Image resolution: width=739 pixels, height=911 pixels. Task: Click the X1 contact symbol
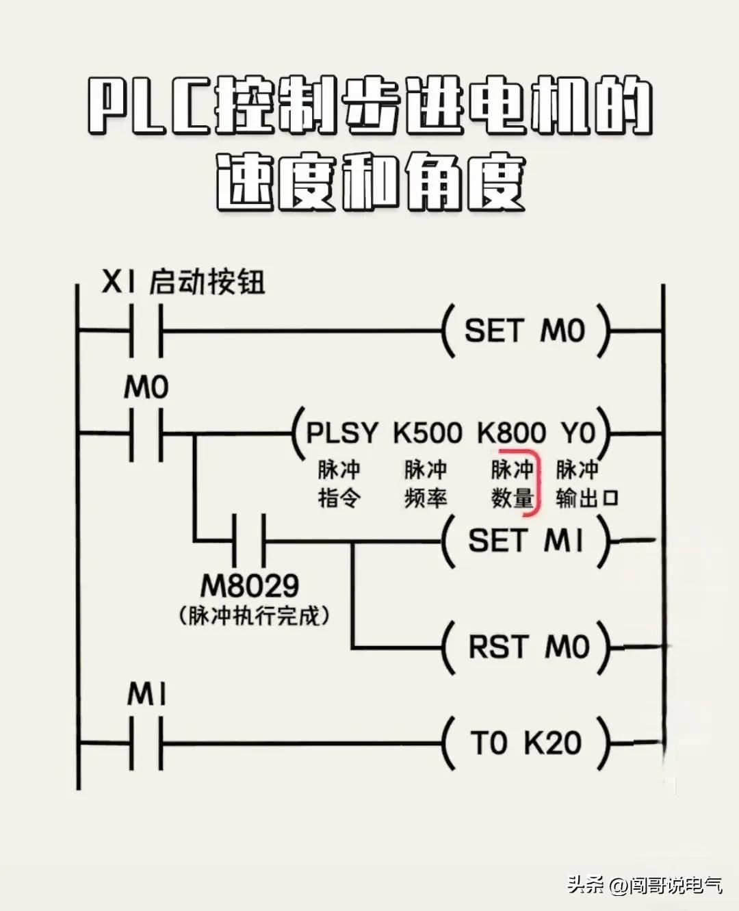[x=146, y=331]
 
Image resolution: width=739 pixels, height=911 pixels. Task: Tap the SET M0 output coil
[x=525, y=331]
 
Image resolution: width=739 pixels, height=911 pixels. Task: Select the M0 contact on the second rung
[x=146, y=434]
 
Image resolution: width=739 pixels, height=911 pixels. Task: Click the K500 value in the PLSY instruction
[x=428, y=433]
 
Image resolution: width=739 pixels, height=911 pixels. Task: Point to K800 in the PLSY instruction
[x=511, y=433]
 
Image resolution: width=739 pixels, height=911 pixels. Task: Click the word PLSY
[x=341, y=433]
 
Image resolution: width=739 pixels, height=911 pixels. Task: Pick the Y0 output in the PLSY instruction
[x=578, y=433]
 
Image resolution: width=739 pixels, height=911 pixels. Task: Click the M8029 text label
[x=250, y=586]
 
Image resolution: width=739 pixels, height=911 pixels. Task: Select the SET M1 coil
[x=526, y=541]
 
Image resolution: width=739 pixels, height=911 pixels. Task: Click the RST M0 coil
[x=527, y=647]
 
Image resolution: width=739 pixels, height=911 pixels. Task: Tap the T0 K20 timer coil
[x=526, y=743]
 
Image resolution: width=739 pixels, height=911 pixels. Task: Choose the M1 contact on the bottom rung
[x=146, y=743]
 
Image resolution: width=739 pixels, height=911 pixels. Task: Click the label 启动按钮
[x=207, y=282]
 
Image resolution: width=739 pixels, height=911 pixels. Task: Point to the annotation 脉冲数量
[x=512, y=484]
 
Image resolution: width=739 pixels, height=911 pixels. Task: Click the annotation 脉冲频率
[x=425, y=484]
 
